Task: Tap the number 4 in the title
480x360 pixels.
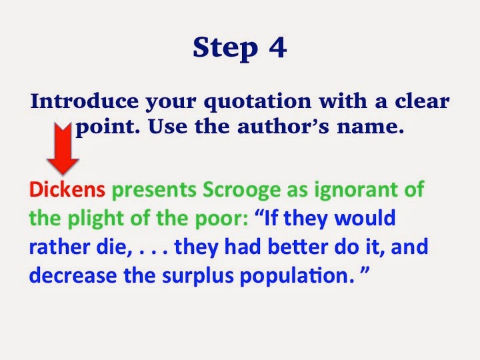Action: tap(276, 48)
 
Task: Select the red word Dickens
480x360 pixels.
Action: tap(67, 190)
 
